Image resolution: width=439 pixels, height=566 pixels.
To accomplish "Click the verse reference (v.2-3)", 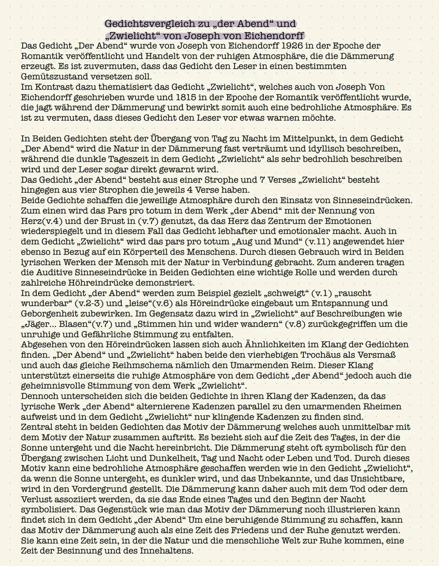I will (x=89, y=303).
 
